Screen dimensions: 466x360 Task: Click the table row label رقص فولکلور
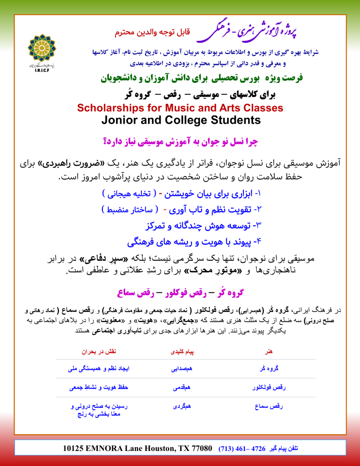(x=269, y=388)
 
